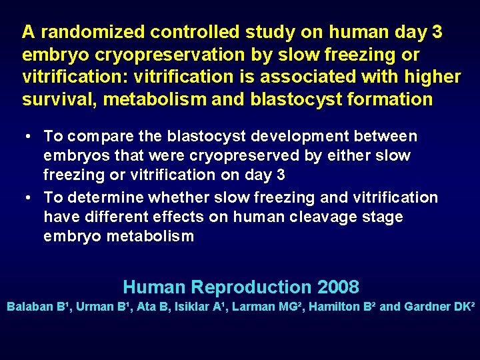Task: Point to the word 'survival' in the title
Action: click(56, 100)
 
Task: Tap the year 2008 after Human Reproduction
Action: click(338, 288)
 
